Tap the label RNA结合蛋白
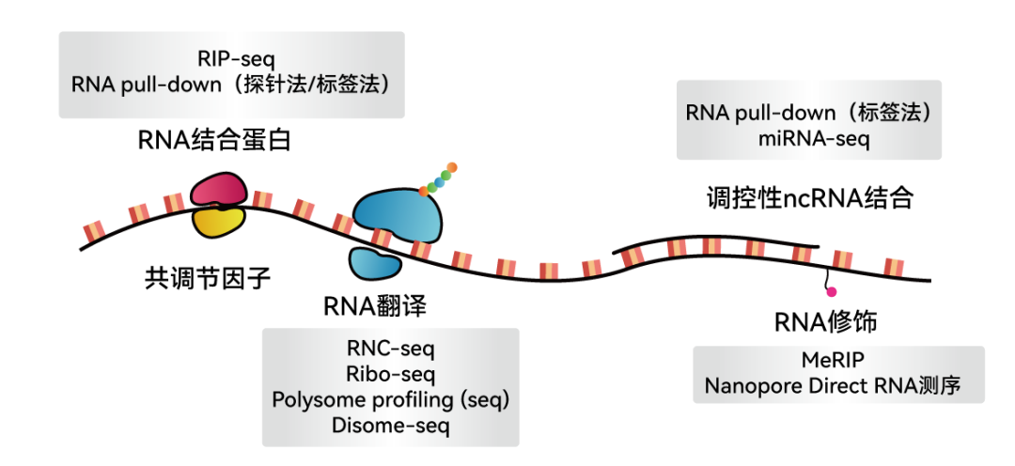214,141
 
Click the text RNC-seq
390,350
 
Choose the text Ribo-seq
390,375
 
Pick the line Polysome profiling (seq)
390,399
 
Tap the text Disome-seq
390,425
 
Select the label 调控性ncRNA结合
809,198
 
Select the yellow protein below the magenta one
218,222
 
